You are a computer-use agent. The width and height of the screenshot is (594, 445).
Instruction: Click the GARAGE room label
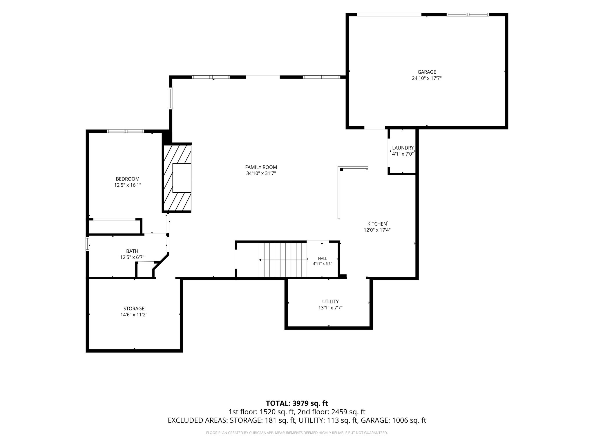[x=427, y=72]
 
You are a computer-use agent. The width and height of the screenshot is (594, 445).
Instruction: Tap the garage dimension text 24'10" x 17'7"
[x=427, y=78]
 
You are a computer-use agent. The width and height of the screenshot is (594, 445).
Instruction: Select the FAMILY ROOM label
[x=261, y=167]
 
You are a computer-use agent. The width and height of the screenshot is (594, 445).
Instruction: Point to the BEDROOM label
[x=128, y=179]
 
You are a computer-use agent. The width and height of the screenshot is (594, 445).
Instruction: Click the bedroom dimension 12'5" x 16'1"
[x=128, y=185]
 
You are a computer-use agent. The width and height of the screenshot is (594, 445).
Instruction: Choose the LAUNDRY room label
[x=403, y=148]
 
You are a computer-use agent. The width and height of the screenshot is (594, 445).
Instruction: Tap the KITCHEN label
[x=377, y=224]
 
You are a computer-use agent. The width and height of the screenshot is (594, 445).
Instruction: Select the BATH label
[x=132, y=251]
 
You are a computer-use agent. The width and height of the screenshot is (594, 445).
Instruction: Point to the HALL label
[x=323, y=259]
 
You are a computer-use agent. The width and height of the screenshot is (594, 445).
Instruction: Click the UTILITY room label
[x=330, y=302]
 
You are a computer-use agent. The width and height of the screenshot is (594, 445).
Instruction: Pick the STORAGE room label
[x=134, y=309]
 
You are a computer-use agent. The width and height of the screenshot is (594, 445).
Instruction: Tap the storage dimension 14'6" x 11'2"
[x=134, y=315]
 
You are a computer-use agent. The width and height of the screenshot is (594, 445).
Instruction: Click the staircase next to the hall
[x=283, y=260]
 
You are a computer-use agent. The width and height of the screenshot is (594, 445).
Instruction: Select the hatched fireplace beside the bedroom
[x=177, y=178]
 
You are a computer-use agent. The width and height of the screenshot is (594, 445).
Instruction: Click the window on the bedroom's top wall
[x=126, y=131]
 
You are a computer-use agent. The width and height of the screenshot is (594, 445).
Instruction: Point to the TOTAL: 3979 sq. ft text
[x=297, y=403]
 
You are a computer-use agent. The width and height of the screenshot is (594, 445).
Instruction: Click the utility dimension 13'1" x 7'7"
[x=330, y=308]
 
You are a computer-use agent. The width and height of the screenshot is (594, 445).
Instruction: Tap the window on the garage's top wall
[x=468, y=14]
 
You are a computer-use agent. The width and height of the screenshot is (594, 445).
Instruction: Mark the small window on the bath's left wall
[x=87, y=244]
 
